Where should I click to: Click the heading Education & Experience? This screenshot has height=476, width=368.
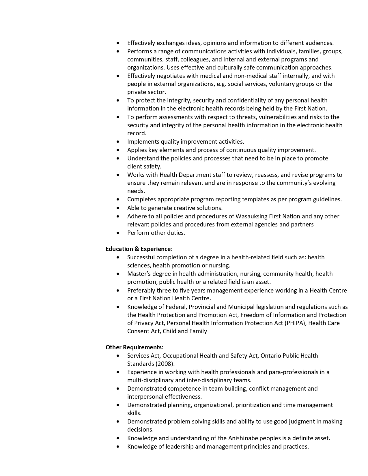[139, 249]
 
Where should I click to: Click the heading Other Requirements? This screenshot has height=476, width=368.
[135, 347]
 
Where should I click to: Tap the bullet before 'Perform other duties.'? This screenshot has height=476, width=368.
[118, 233]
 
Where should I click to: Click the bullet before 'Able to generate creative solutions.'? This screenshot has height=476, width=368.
[118, 208]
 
